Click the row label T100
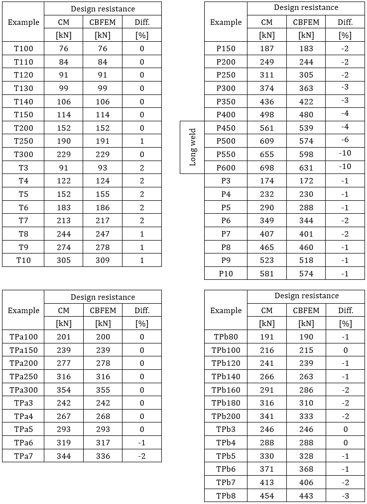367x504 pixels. (23, 49)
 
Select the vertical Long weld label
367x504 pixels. (193, 148)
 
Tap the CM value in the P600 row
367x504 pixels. (267, 168)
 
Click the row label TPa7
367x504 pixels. (23, 456)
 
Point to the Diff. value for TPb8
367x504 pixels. (345, 496)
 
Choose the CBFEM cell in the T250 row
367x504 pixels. (103, 141)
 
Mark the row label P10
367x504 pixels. (226, 274)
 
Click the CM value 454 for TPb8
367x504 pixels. (267, 496)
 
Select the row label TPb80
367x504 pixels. (226, 337)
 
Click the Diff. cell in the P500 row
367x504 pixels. (345, 141)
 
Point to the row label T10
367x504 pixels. (23, 260)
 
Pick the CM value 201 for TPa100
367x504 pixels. (63, 337)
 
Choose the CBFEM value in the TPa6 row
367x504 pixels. (103, 443)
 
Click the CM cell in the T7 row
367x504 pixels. (63, 221)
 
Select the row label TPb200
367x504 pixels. (226, 417)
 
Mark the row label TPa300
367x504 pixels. (23, 390)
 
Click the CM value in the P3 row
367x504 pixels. (267, 181)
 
